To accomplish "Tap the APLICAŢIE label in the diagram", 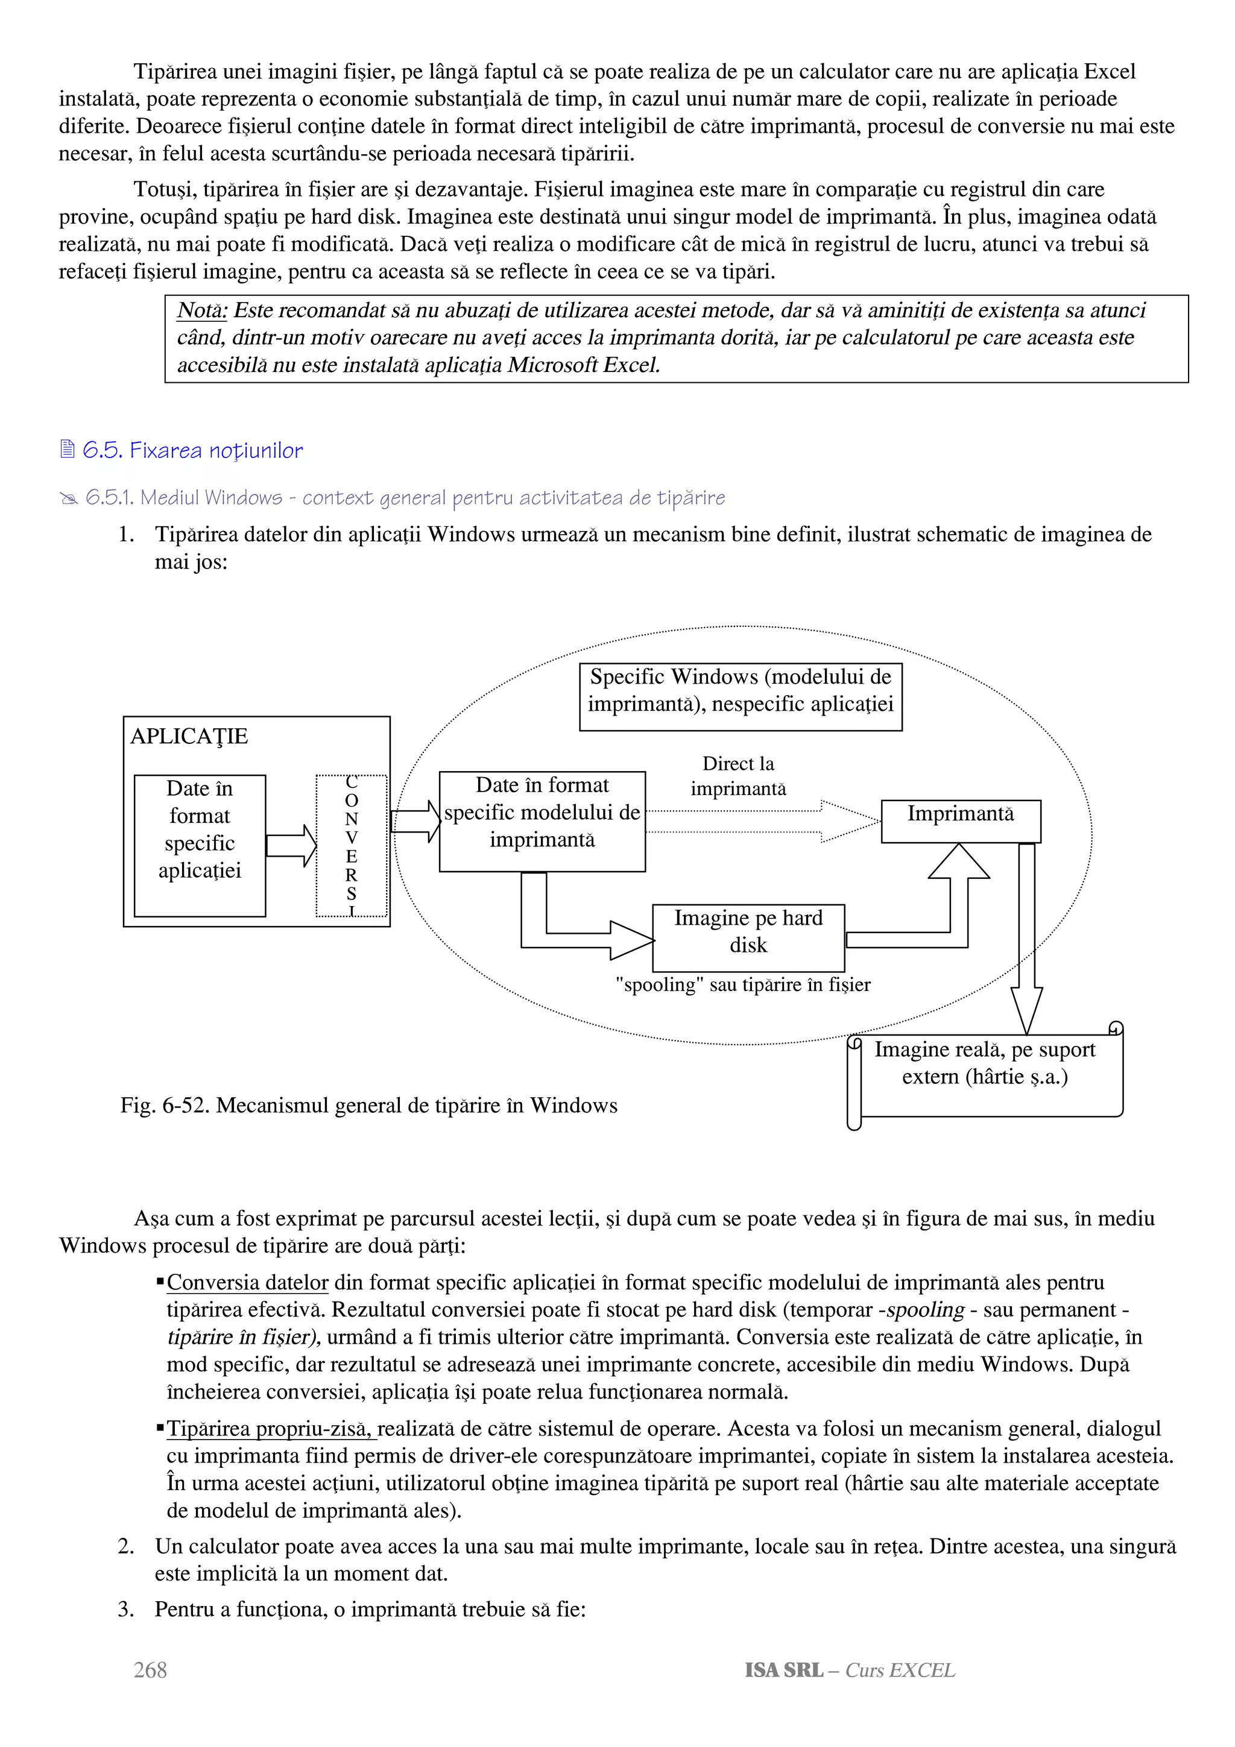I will tap(189, 736).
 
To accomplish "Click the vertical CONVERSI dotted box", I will tap(351, 845).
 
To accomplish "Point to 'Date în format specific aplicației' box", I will tap(200, 845).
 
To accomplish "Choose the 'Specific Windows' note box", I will tap(740, 696).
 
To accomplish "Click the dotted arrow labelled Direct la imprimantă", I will tap(761, 821).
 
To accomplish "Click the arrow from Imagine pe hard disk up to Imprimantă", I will tap(958, 905).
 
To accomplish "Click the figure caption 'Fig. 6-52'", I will tap(368, 1105).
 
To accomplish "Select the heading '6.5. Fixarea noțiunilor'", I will tap(192, 450).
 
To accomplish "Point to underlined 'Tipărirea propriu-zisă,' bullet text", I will tap(270, 1428).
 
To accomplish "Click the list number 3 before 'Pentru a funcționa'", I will tap(125, 1610).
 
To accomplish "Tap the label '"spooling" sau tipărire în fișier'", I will tap(743, 984).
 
